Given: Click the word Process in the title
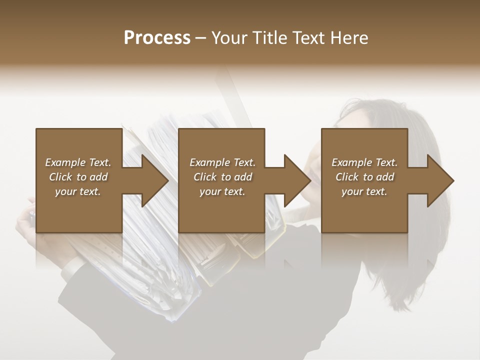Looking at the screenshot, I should pos(157,38).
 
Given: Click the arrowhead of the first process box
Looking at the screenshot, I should pos(155,180).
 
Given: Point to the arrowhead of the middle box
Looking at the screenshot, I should pos(297,180).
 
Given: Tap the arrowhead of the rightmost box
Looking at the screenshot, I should pos(440,180).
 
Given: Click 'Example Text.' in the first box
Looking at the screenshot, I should pos(78,162).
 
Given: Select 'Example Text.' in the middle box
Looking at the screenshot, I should pos(222,162).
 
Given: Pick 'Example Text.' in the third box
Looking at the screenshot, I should pos(364,162).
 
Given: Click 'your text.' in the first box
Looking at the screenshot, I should pos(78,191).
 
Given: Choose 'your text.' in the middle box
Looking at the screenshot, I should pos(222,191).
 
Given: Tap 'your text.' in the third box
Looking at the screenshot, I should pos(364,191).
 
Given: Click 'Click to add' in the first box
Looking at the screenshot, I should pos(78,177).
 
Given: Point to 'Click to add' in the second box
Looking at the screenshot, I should pos(222,177).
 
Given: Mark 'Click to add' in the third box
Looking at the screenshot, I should pos(364,177).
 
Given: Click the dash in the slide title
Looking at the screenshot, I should pos(201,38).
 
